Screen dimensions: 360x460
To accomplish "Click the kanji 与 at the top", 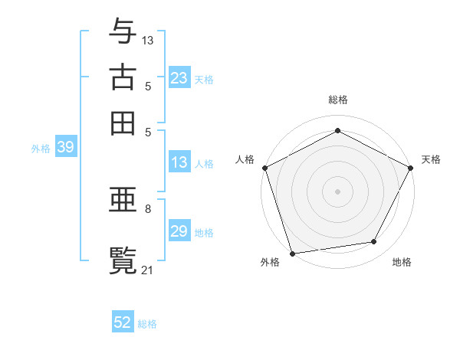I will pos(123,31).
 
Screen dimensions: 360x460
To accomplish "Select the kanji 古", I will pos(123,77).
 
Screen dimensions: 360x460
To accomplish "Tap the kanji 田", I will pos(123,123).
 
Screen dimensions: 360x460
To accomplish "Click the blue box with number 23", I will pos(179,78).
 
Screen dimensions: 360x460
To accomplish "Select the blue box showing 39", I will pos(65,148).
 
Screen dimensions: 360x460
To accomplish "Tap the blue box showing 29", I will pos(179,231).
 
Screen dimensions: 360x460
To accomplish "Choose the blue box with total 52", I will pos(123,322).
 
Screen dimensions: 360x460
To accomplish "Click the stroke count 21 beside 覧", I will pos(148,269).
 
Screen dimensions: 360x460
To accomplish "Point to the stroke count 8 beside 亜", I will pos(148,208).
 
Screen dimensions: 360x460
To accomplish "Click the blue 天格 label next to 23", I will pos(204,79).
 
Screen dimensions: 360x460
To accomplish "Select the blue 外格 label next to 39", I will pos(41,149).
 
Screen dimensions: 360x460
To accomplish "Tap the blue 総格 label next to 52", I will pos(147,323).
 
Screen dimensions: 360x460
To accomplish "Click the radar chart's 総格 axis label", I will pos(337,100).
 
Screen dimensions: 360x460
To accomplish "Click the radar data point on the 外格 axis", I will pos(292,253).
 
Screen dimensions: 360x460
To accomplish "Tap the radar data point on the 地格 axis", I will pos(374,242).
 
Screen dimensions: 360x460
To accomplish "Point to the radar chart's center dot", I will pos(337,191).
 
